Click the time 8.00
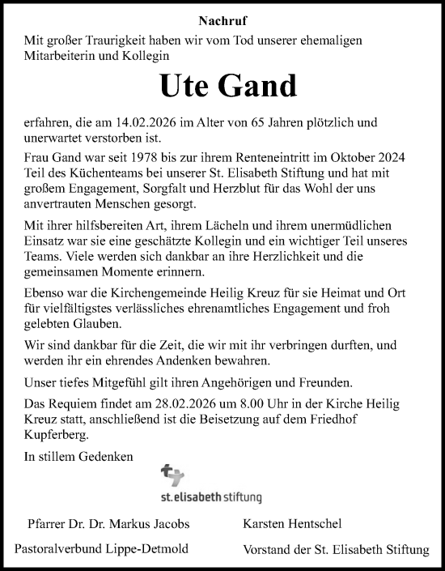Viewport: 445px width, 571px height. coord(235,404)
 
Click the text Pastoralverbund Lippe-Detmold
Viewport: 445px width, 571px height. coord(101,549)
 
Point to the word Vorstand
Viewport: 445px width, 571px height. coord(269,550)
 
